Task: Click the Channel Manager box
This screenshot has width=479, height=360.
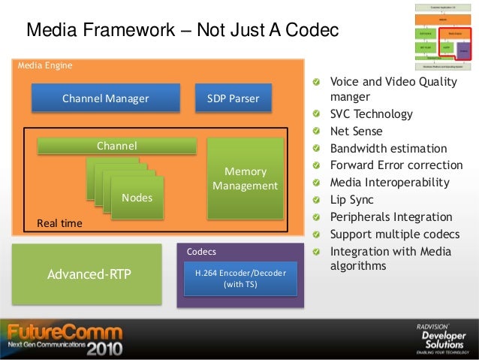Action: [x=105, y=98]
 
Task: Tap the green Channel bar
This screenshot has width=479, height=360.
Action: [x=116, y=146]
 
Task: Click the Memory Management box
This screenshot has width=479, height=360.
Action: [x=246, y=178]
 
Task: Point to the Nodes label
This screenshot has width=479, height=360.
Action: [x=137, y=198]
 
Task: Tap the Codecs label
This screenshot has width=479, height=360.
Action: [x=200, y=251]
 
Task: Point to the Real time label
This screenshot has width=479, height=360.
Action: [x=60, y=223]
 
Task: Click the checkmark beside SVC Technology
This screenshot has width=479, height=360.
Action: [x=319, y=115]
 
